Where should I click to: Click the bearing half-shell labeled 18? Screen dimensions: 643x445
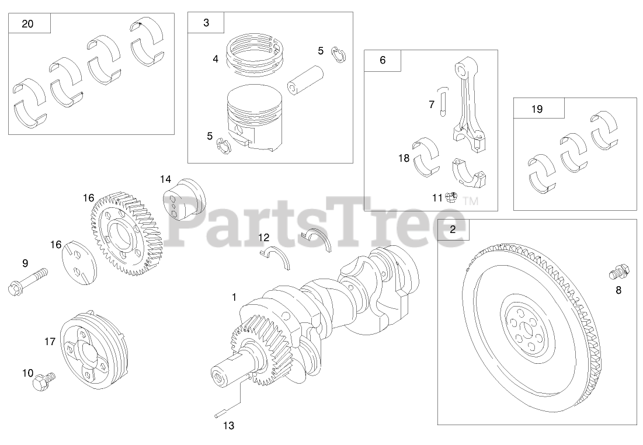pyautogui.click(x=426, y=157)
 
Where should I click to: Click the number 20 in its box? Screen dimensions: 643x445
pyautogui.click(x=27, y=24)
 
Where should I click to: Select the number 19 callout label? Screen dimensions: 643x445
pyautogui.click(x=537, y=109)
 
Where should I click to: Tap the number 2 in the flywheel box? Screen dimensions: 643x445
pyautogui.click(x=453, y=230)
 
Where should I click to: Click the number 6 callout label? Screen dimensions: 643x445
pyautogui.click(x=383, y=60)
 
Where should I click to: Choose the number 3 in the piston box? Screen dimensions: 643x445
pyautogui.click(x=206, y=23)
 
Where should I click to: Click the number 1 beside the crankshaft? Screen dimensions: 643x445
pyautogui.click(x=234, y=297)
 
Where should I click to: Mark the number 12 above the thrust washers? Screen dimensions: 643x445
pyautogui.click(x=264, y=238)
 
